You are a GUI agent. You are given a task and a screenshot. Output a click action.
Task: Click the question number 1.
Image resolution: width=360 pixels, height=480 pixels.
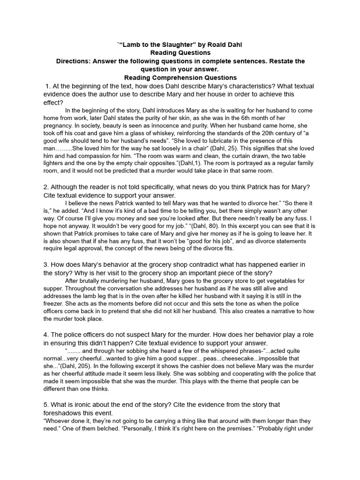[48, 86]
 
